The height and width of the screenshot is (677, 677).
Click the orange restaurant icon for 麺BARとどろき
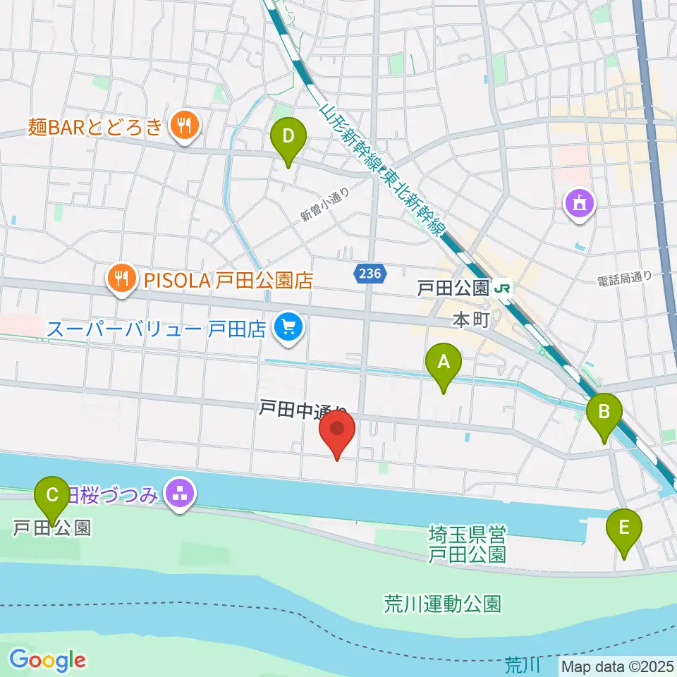pos(185,127)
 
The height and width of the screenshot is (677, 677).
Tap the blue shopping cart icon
pos(288,328)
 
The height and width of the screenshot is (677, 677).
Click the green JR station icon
pos(504,288)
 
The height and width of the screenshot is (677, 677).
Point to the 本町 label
pos(470,320)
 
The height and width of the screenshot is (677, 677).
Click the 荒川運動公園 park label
pos(443,604)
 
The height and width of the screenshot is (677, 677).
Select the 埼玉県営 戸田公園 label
pos(468,543)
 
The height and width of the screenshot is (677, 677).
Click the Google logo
pos(47,661)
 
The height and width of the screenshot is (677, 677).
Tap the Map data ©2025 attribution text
pos(618,665)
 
